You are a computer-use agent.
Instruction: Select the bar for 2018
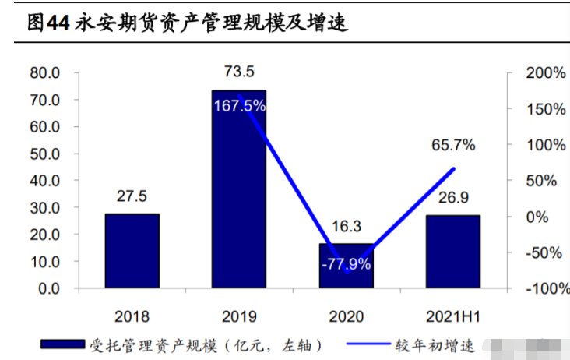[x=132, y=251]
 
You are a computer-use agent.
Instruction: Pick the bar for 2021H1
[x=452, y=252]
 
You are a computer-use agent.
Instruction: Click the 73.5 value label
[x=239, y=72]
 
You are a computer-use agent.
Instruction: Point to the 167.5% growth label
[x=239, y=105]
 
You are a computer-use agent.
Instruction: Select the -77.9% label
[x=346, y=263]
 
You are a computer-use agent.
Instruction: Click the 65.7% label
[x=453, y=145]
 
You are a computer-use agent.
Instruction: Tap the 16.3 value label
[x=346, y=227]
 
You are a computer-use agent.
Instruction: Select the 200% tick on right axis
[x=545, y=73]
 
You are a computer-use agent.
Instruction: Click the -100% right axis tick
[x=543, y=289]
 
